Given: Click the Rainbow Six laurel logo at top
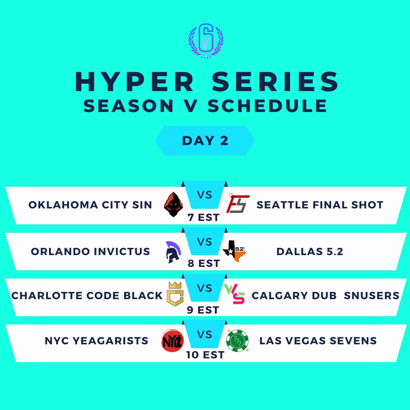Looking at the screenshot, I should (x=205, y=41).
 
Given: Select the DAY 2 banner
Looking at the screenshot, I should (x=205, y=140).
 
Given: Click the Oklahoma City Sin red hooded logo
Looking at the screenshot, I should (x=172, y=204).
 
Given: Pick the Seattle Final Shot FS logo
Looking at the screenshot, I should (x=238, y=204).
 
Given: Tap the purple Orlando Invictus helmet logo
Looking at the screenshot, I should (x=173, y=251).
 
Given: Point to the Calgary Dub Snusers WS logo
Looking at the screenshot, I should (x=235, y=295).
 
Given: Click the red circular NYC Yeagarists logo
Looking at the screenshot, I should (x=172, y=341).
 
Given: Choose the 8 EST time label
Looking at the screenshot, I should (x=203, y=263).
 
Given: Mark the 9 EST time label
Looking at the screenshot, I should (x=203, y=310).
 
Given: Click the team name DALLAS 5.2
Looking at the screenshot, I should (x=310, y=251).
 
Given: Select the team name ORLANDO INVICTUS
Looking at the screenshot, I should (x=90, y=251).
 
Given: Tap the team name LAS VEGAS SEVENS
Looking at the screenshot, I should (x=318, y=341).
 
